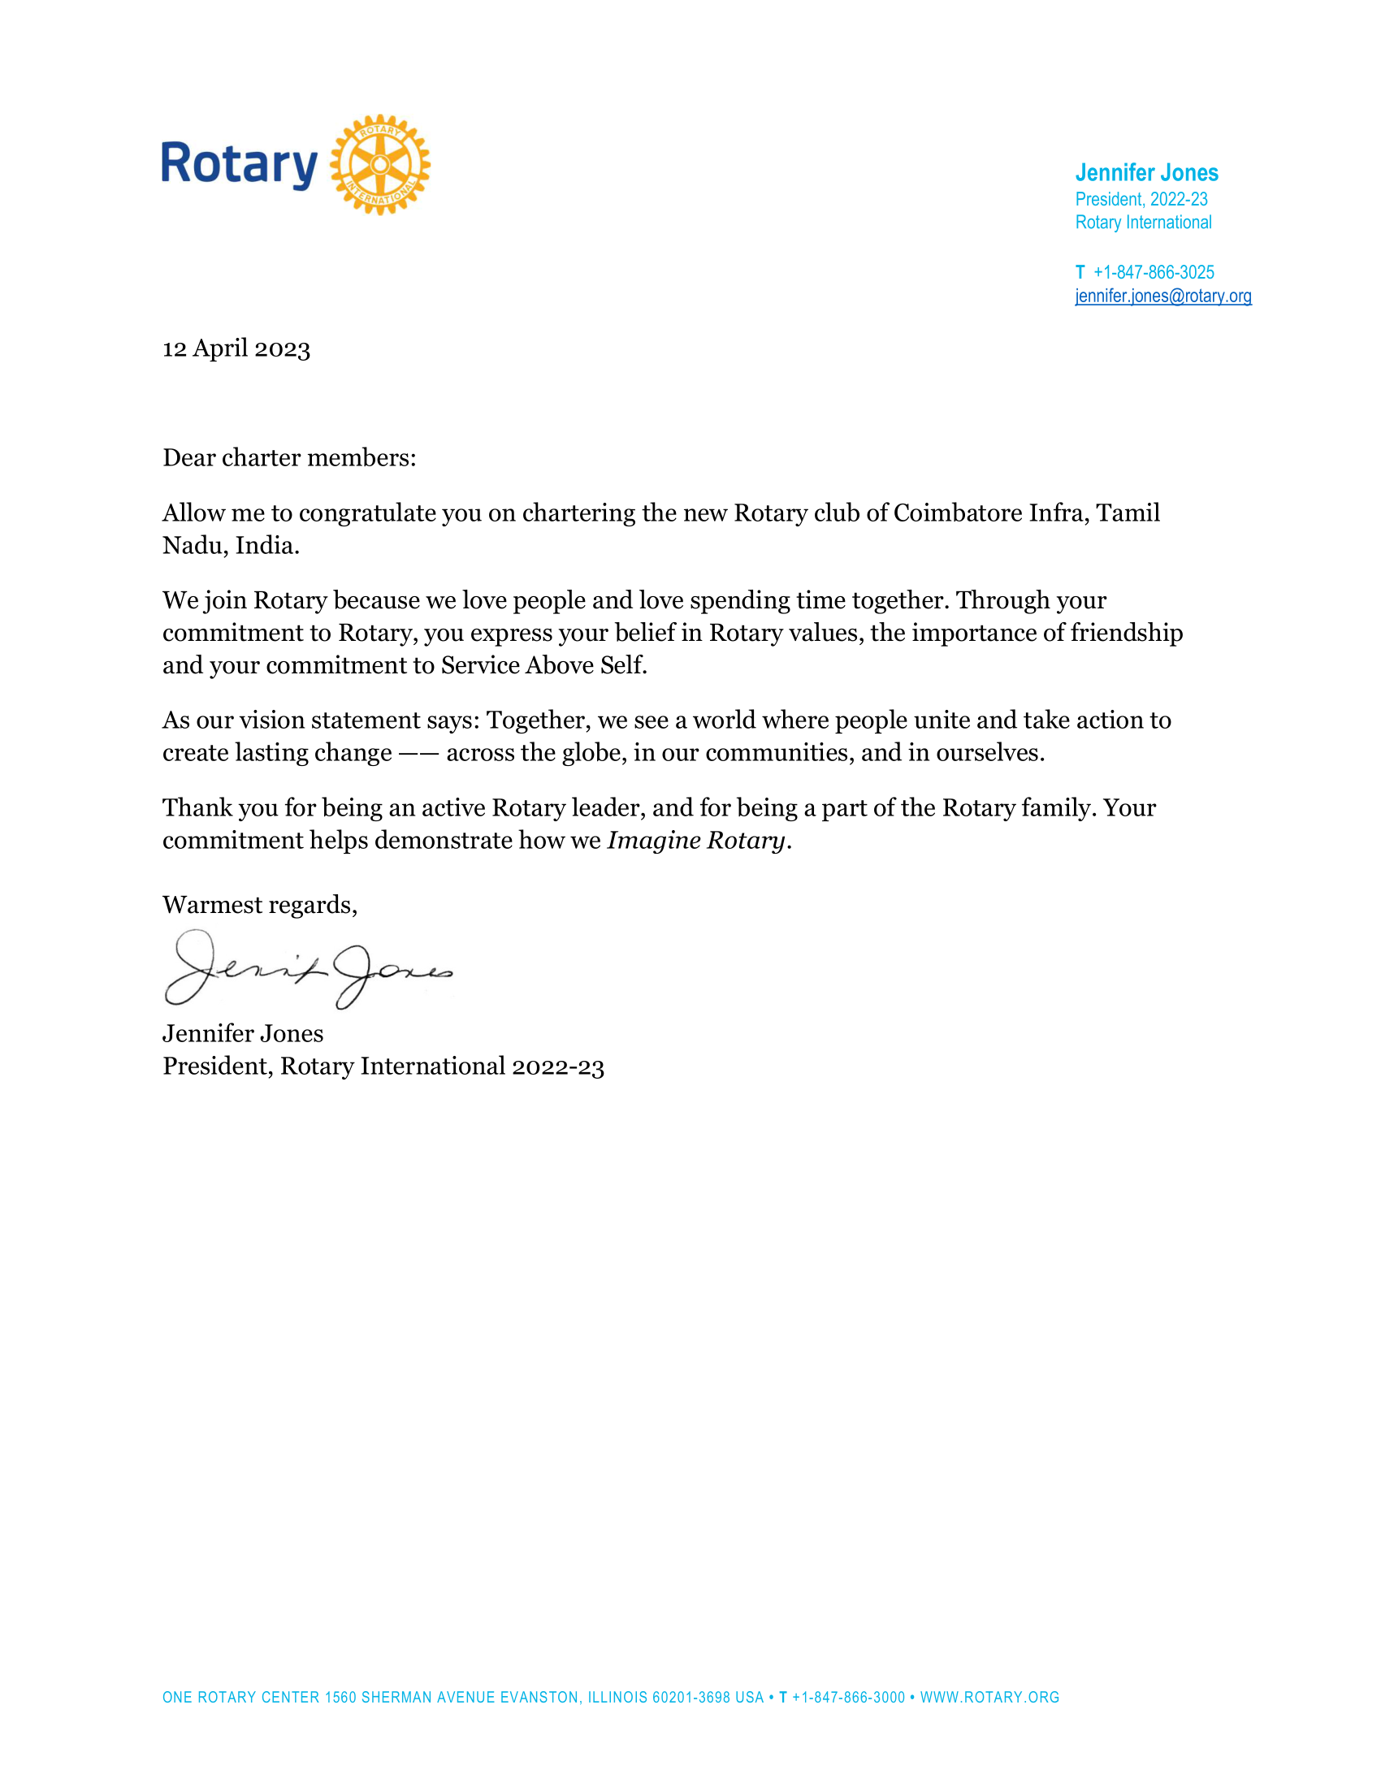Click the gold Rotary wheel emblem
379,164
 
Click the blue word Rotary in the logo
239,164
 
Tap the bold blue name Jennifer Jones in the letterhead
1146,173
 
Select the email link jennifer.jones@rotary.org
1162,296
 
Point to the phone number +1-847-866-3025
1154,272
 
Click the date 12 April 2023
236,348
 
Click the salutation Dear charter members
289,457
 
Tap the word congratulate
367,513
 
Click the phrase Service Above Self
543,665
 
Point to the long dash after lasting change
419,753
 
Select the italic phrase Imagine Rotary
695,841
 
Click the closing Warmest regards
259,905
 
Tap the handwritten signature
308,970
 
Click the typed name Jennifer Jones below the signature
243,1033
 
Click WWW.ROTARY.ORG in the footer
989,1698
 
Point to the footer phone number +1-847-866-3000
848,1698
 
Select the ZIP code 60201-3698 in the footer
690,1698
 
